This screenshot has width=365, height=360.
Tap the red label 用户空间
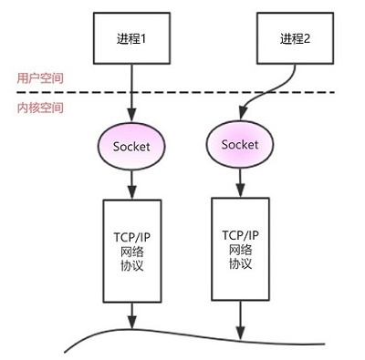coord(29,78)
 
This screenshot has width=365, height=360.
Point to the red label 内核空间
coord(29,108)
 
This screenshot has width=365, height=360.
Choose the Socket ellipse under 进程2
coord(240,145)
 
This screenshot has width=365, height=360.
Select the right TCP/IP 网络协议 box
coord(240,247)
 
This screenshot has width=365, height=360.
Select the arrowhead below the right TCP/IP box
coord(240,331)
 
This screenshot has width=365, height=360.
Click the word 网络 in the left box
coord(133,250)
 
